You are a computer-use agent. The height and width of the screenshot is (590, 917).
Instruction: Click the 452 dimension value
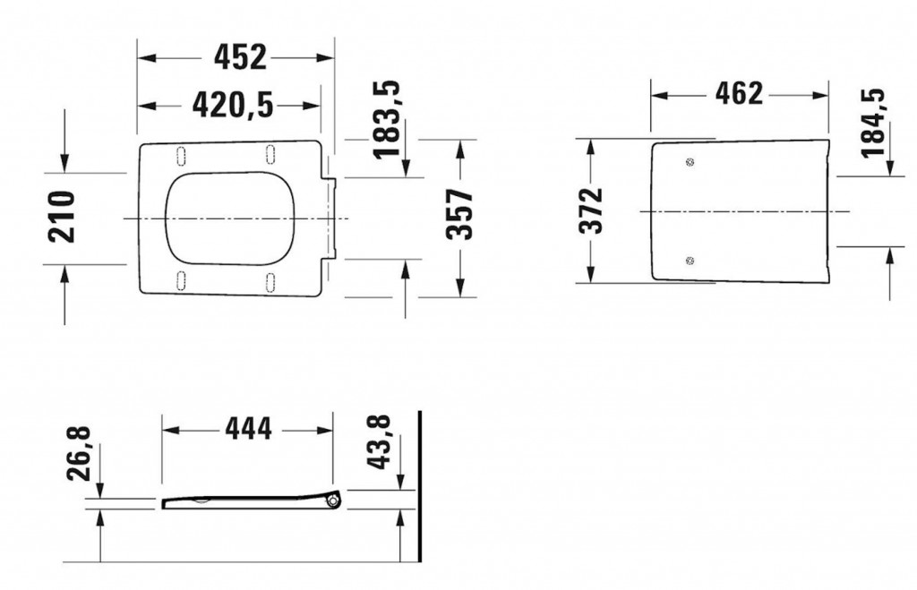(240, 57)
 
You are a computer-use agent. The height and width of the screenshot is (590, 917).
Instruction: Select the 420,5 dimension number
(233, 106)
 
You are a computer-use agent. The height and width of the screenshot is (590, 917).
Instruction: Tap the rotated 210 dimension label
(62, 217)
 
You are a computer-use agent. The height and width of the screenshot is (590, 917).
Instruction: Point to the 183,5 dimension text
(387, 120)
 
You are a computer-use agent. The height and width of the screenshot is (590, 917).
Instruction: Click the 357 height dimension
(459, 215)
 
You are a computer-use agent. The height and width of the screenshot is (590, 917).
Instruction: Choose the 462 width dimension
(739, 94)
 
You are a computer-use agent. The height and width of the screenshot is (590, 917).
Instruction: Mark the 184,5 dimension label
(873, 123)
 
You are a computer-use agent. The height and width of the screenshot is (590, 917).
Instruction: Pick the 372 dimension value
(591, 211)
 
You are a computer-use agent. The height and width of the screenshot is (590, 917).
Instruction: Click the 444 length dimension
(249, 429)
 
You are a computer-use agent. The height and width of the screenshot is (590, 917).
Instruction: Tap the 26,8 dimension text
(79, 454)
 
